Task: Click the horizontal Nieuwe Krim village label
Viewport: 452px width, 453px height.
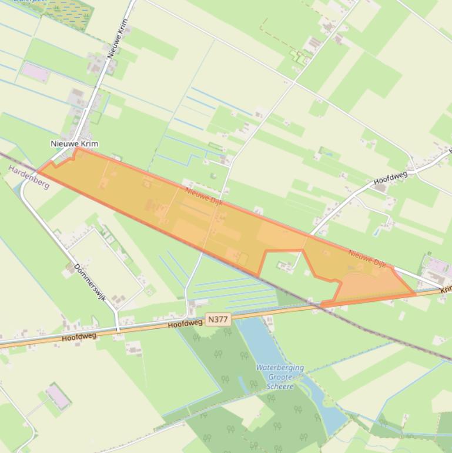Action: point(75,144)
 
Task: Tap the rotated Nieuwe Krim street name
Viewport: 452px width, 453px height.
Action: point(118,39)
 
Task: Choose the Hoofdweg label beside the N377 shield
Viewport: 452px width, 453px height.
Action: point(185,324)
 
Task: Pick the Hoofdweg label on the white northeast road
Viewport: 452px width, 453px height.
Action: point(390,178)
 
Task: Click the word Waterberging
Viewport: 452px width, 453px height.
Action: point(280,368)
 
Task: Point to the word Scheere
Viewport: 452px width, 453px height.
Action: point(280,386)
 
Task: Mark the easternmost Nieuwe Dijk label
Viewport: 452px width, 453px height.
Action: point(367,259)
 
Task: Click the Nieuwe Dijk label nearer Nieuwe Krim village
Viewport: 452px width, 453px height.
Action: point(203,195)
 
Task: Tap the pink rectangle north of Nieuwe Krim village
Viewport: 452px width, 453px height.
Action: point(33,71)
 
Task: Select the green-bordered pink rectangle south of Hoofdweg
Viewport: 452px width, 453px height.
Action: point(59,397)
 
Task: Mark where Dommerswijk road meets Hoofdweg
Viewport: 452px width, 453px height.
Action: point(118,330)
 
